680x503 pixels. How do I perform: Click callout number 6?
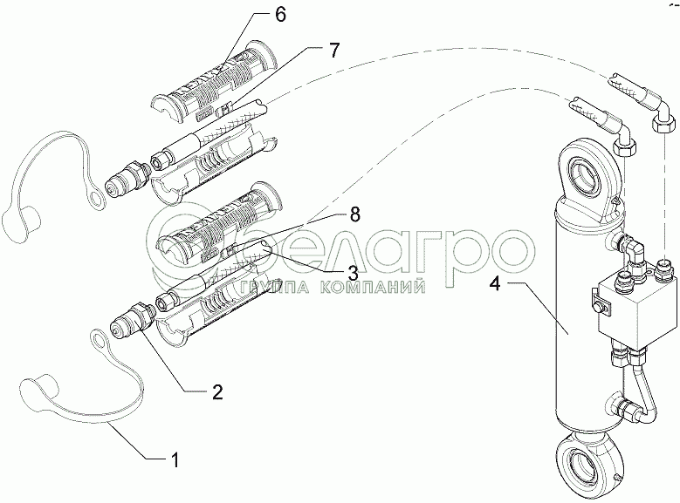point(280,15)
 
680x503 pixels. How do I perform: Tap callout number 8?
point(354,214)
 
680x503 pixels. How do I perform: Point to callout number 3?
point(352,273)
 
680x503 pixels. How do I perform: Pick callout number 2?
point(217,391)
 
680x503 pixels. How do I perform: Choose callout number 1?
point(175,459)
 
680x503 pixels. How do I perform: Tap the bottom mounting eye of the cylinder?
point(588,463)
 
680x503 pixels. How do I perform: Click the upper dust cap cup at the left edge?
point(21,221)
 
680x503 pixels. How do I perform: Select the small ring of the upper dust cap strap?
point(96,199)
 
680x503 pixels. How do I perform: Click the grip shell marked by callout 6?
point(216,81)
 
